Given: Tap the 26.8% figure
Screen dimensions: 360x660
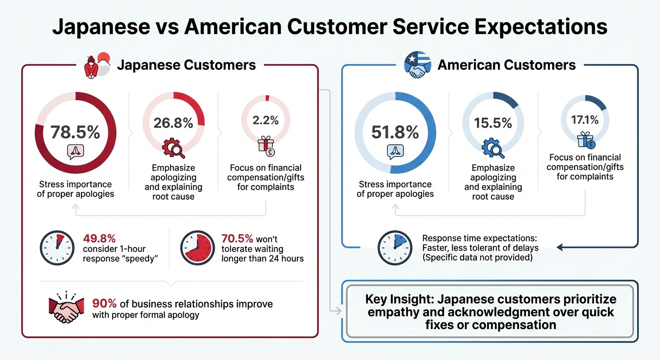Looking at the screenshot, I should [x=173, y=123].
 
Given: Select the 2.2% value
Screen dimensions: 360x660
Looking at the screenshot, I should [x=266, y=120].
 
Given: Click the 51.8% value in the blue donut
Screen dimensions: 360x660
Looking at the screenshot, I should [x=395, y=132].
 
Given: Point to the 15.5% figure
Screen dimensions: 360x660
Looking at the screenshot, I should [x=493, y=123].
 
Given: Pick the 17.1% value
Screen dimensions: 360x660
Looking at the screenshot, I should [x=585, y=120].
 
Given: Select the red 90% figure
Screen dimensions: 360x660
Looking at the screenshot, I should [x=102, y=303].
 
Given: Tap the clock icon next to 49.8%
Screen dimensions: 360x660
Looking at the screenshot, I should [x=56, y=248].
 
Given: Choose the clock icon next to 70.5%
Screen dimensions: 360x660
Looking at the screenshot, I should [x=197, y=248].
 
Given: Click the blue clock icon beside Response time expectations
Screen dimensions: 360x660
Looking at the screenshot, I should [x=394, y=248].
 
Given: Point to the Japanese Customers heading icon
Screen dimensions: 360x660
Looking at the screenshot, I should [x=97, y=65].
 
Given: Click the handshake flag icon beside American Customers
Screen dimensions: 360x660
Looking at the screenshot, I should [x=417, y=65].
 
